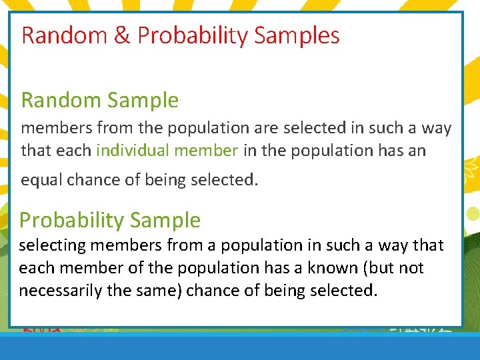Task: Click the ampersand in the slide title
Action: pos(121,35)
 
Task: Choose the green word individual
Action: pos(132,151)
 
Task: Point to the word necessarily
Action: pos(63,291)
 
